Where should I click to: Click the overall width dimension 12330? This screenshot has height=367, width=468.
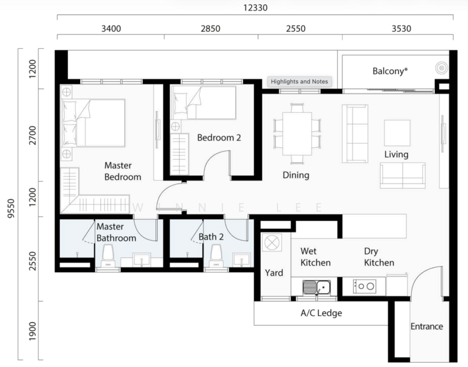click(x=255, y=7)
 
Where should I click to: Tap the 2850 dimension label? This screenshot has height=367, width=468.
click(x=210, y=29)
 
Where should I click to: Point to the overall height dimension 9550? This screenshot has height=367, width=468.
click(x=11, y=209)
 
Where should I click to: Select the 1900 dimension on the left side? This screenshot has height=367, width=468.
click(x=32, y=331)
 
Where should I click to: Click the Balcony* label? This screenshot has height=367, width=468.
click(x=390, y=71)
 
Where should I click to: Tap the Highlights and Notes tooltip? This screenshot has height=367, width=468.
click(x=299, y=81)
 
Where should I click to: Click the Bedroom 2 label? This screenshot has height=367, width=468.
click(x=219, y=138)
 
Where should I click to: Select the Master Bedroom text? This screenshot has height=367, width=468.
click(x=123, y=171)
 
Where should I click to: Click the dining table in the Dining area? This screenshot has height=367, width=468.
click(x=297, y=133)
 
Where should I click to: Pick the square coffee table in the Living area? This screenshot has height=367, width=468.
click(x=397, y=133)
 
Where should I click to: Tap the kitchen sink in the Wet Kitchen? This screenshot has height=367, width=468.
click(x=316, y=287)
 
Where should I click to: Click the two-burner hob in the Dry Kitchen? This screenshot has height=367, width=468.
click(x=364, y=286)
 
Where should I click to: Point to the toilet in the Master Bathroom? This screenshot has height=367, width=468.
click(x=108, y=256)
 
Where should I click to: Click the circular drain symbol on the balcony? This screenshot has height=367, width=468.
click(x=442, y=68)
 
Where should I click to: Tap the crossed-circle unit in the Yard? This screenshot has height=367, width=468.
click(x=272, y=242)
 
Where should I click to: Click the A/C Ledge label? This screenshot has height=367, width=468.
click(x=321, y=313)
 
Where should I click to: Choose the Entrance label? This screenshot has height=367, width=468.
click(x=426, y=327)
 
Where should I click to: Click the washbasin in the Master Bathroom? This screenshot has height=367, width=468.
click(x=142, y=260)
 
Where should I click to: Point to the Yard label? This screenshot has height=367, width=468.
click(x=274, y=273)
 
